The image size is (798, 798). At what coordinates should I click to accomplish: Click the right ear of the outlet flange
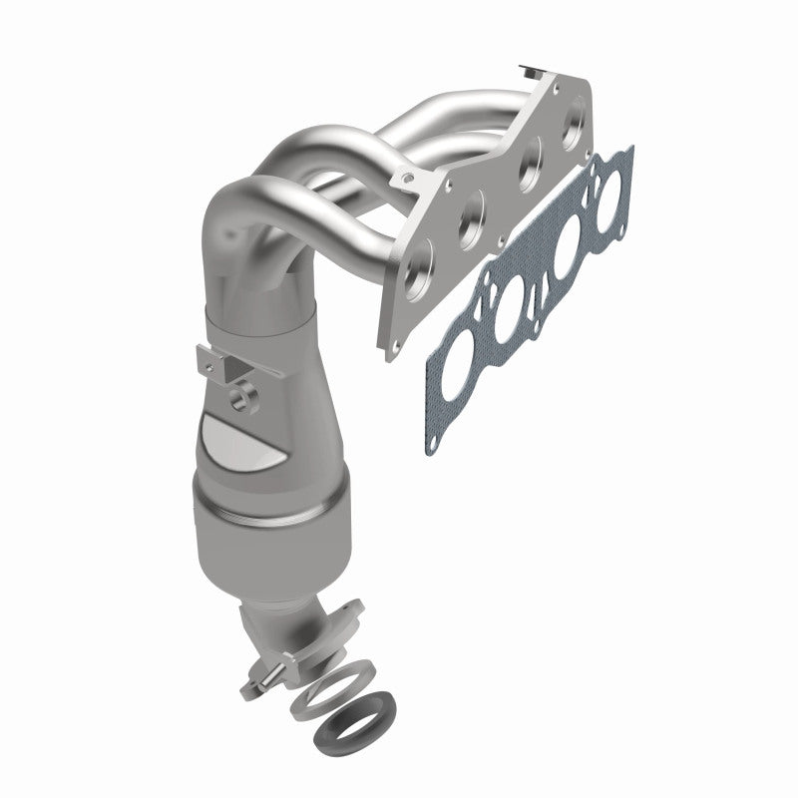(x=354, y=609)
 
